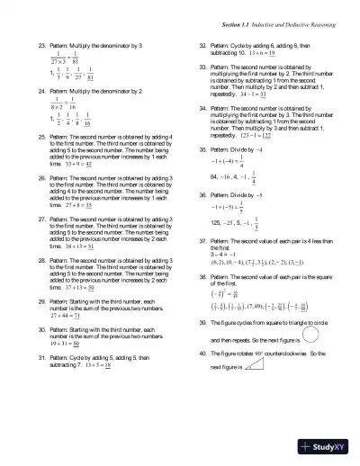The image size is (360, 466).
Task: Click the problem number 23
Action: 40,44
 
